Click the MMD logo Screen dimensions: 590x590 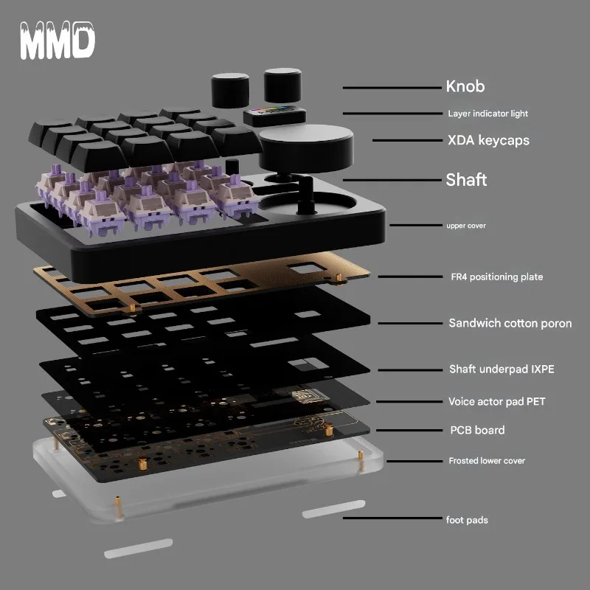57,41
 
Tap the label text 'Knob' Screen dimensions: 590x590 465,86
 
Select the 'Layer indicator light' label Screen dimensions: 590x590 487,114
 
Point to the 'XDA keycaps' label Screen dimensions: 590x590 488,140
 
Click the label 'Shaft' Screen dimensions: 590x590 466,179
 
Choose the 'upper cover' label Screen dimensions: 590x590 465,226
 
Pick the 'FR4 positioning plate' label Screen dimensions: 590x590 496,277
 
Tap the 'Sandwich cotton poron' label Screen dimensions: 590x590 510,323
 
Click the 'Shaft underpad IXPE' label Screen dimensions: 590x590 501,369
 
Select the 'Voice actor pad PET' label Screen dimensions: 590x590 496,402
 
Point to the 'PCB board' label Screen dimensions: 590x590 477,430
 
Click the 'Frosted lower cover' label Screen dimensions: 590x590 487,461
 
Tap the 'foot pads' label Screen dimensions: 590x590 466,520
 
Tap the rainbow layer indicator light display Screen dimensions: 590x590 273,114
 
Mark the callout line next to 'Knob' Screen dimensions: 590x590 392,88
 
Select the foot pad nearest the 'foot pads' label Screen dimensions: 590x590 333,509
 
